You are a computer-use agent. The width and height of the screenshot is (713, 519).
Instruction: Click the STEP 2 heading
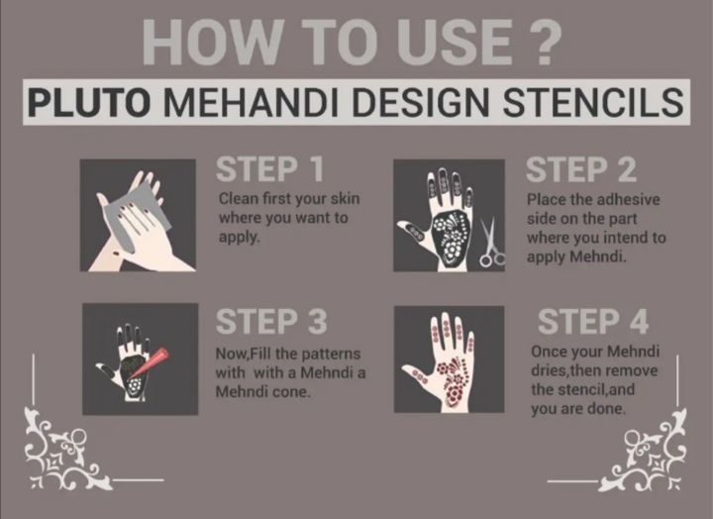(580, 169)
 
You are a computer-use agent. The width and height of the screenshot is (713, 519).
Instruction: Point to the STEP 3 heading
(273, 323)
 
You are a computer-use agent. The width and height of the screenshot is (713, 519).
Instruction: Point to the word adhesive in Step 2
(627, 199)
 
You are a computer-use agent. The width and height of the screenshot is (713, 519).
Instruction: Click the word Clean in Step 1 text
(238, 199)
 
